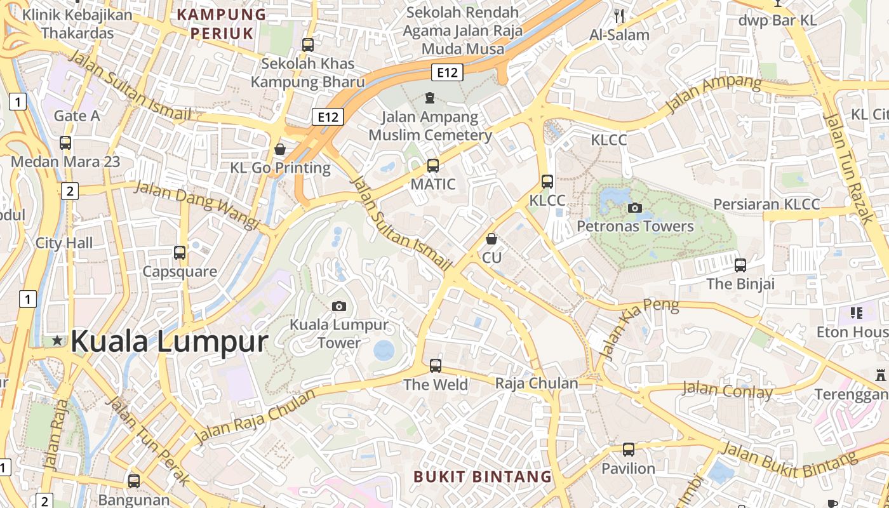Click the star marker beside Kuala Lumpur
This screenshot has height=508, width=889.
coord(58,341)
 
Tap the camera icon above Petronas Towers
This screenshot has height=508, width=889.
coord(634,208)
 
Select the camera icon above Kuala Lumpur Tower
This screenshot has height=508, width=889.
coord(339,307)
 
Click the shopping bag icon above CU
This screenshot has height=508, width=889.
coord(491,239)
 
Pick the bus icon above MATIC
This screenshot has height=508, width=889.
coord(433,166)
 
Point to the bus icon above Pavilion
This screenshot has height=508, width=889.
coord(628,450)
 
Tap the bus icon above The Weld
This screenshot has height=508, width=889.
coord(436,366)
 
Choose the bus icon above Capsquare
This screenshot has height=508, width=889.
coord(180,253)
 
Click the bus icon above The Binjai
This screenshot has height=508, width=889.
coord(740,265)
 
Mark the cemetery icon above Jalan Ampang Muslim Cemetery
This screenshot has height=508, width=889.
coord(430,98)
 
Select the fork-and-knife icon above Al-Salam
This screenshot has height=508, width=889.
coord(619,16)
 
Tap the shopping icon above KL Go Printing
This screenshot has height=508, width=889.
coord(280,149)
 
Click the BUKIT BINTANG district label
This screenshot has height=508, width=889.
coord(483,476)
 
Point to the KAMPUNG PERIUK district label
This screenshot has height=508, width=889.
coord(221,23)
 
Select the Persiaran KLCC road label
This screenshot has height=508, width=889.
coord(766,204)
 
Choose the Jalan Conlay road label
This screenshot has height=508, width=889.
coord(727,389)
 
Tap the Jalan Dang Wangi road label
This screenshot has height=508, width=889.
coord(197,205)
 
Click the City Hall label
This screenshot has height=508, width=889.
coord(64,243)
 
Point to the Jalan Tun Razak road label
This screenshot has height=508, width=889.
coord(848,168)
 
